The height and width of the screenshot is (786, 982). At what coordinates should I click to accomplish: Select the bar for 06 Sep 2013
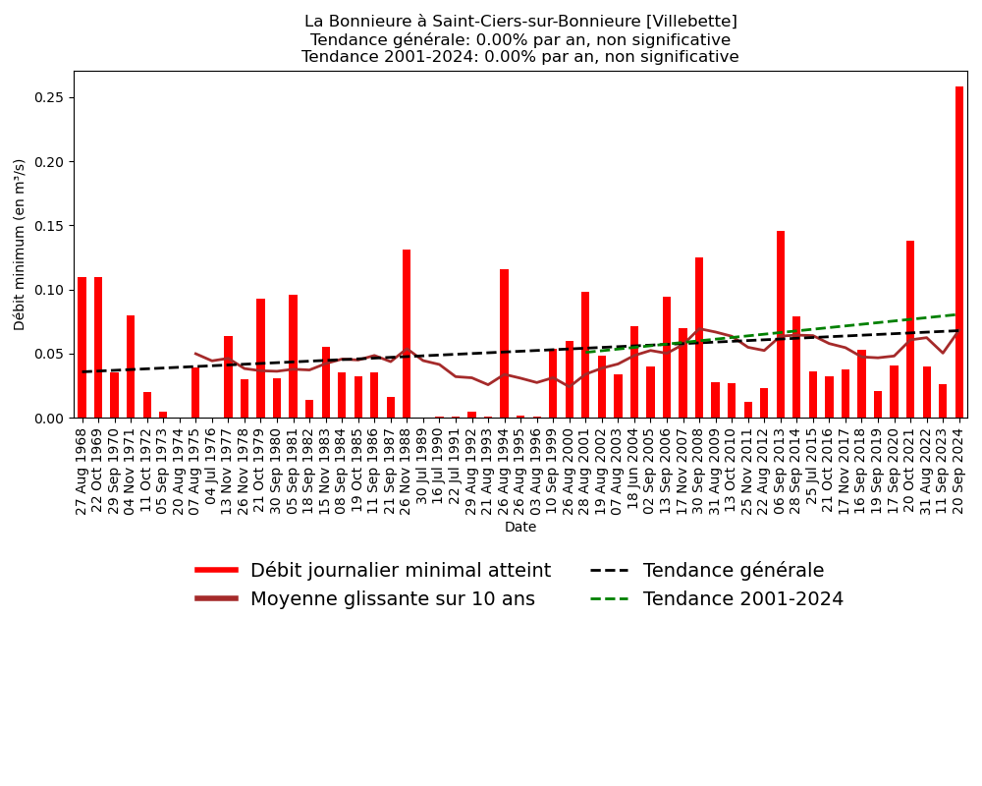pos(781,324)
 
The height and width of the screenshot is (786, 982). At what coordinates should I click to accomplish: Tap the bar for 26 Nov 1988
pos(407,334)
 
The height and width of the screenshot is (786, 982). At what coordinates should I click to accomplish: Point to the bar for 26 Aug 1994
pos(504,343)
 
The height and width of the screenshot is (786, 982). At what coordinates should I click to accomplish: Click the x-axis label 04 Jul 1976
pos(212,469)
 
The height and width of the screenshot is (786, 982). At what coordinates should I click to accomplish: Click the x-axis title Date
pos(520,528)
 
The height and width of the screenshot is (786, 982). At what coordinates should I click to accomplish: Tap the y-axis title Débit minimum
pos(20,244)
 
